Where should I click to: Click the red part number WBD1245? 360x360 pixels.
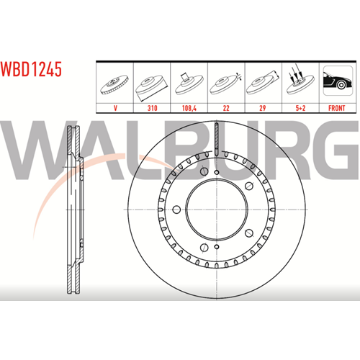coord(31,69)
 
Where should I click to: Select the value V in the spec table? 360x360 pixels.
coord(115,108)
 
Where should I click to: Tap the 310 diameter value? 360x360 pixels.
coord(152,108)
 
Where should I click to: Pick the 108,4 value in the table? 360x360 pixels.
coord(189,108)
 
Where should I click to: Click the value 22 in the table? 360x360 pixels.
coord(226,108)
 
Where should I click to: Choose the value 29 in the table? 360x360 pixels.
coord(263,108)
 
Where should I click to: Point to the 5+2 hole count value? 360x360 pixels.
coord(300,108)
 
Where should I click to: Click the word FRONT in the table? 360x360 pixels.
coord(337,108)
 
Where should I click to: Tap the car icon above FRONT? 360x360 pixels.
coord(338,81)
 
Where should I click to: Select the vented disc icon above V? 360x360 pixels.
coord(114,85)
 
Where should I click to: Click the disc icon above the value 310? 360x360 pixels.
coord(151,87)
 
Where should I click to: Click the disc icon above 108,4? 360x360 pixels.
coord(189,84)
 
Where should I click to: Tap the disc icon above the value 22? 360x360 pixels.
coord(225,84)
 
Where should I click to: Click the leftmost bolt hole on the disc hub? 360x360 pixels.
coord(176,210)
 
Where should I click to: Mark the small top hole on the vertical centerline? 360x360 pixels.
coord(217,172)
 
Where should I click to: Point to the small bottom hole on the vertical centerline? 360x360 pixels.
coord(217,247)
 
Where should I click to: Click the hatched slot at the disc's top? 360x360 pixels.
coord(217,139)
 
